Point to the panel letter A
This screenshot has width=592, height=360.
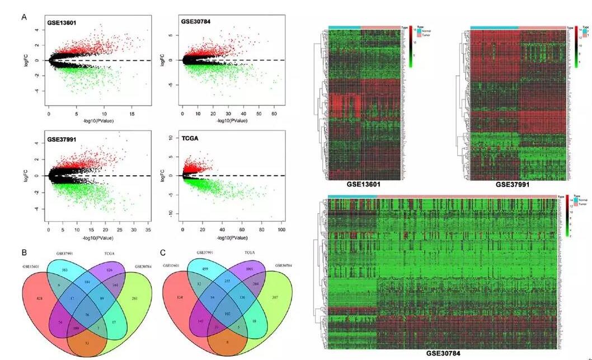pyautogui.click(x=24, y=17)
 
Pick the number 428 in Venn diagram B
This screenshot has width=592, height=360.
pyautogui.click(x=40, y=300)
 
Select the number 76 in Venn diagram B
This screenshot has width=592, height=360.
pyautogui.click(x=87, y=315)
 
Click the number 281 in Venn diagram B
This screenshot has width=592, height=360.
pyautogui.click(x=134, y=298)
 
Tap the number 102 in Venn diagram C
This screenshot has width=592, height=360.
pyautogui.click(x=226, y=315)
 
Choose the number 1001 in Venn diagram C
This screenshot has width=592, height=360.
pyautogui.click(x=250, y=269)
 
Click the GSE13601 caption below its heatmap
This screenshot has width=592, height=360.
pyautogui.click(x=364, y=184)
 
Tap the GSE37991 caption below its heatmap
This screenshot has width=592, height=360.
pyautogui.click(x=514, y=184)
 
